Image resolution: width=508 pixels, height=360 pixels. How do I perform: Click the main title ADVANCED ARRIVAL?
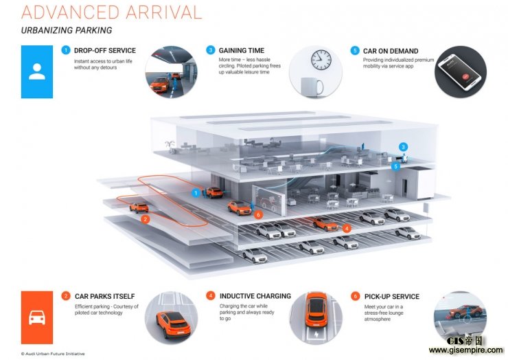click(112, 12)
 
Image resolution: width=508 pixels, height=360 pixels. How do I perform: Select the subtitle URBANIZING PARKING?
click(67, 31)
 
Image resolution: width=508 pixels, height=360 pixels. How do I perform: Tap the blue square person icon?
click(37, 71)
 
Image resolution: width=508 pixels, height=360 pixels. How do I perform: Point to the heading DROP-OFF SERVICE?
click(104, 51)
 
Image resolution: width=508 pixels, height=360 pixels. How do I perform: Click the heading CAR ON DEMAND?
click(391, 51)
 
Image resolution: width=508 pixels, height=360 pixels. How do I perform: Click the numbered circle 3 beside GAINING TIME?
click(210, 50)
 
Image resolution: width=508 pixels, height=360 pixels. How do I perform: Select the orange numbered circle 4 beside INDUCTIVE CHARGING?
click(210, 296)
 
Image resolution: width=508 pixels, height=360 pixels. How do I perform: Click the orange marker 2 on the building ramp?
click(145, 220)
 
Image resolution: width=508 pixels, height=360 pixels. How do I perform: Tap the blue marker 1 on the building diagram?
click(196, 193)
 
